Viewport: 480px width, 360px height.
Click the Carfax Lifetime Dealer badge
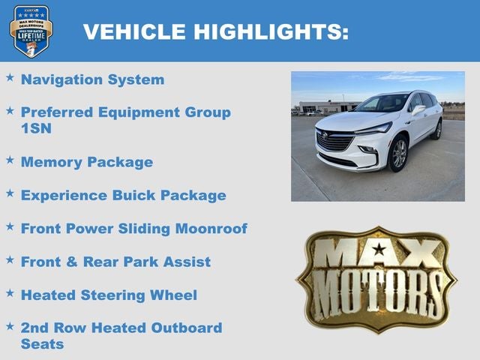click(31, 31)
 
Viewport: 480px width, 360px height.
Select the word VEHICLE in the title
click(134, 31)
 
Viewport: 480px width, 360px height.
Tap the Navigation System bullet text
click(92, 79)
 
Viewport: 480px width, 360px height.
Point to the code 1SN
click(36, 128)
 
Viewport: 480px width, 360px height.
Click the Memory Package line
click(86, 162)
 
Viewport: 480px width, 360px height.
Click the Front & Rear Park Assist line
click(115, 262)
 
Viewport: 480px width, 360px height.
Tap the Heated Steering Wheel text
click(109, 295)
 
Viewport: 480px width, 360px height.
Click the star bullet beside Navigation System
click(10, 77)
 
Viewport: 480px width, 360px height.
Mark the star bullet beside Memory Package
click(10, 160)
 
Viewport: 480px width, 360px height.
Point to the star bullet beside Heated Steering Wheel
click(10, 292)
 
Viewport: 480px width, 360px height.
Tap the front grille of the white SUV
click(334, 141)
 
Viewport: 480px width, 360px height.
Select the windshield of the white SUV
click(382, 103)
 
